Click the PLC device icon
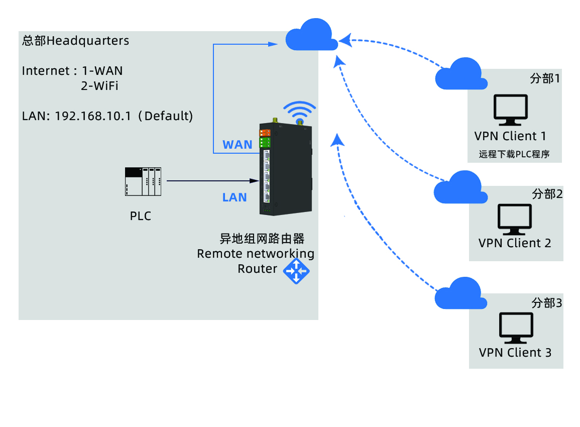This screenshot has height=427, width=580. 143,181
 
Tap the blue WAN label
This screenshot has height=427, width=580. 238,145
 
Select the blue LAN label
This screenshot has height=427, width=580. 235,197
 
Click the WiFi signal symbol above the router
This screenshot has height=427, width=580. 300,112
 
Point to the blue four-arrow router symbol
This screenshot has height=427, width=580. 296,271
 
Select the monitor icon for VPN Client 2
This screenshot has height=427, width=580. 514,220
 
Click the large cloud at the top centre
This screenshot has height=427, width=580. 311,35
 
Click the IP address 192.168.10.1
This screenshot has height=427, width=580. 93,116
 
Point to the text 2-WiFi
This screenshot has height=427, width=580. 99,86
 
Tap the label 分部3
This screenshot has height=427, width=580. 546,303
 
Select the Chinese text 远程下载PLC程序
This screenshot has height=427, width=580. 514,154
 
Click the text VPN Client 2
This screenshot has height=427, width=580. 515,243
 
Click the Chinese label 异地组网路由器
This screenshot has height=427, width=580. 262,238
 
